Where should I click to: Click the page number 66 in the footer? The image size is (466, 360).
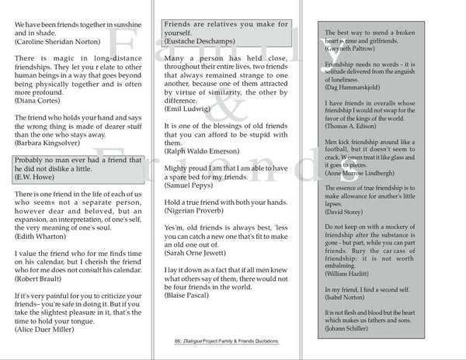tap(179, 341)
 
